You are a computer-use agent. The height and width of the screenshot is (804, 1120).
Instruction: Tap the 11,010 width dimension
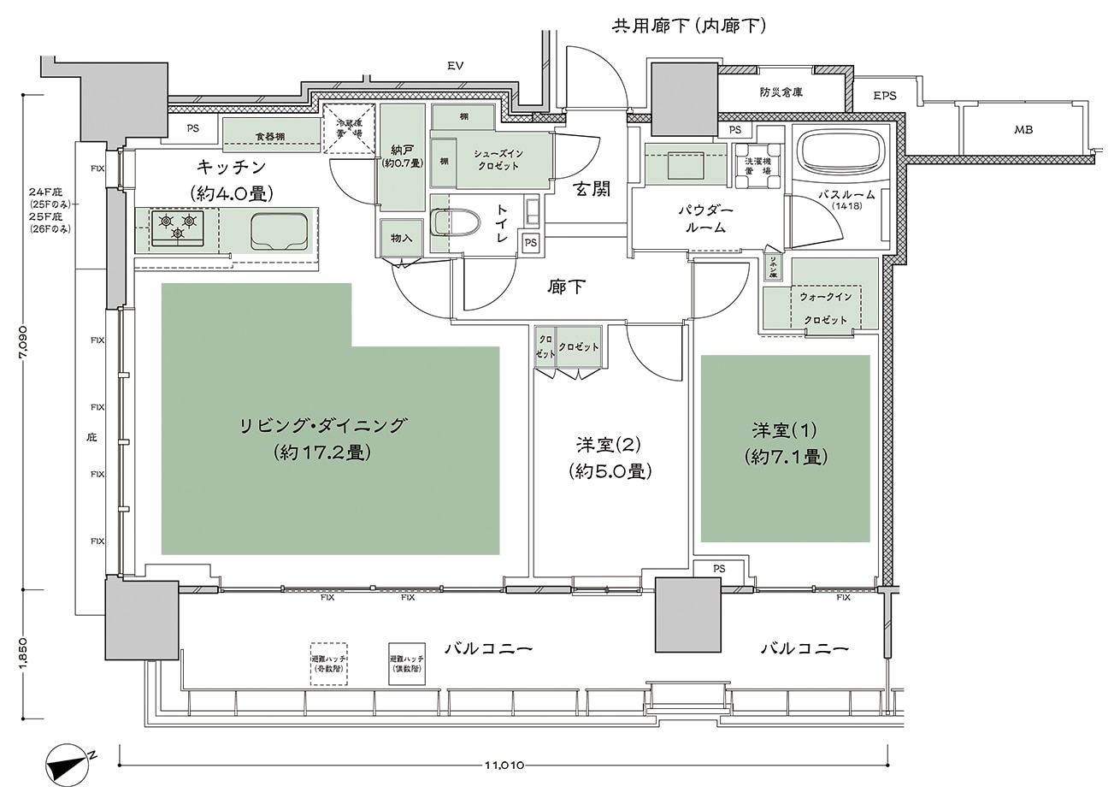click(x=505, y=765)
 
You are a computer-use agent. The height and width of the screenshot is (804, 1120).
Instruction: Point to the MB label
click(x=1023, y=131)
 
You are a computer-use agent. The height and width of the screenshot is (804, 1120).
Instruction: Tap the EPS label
click(x=885, y=96)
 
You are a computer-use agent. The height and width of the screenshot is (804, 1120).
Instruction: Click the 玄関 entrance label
click(x=592, y=190)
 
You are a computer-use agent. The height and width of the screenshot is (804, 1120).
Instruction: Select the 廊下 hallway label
click(x=566, y=287)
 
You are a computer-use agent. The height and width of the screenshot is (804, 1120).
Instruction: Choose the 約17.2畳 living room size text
click(x=322, y=452)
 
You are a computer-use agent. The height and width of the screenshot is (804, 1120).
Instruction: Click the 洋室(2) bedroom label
click(x=608, y=445)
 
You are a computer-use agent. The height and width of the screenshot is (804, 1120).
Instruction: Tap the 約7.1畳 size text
click(x=785, y=457)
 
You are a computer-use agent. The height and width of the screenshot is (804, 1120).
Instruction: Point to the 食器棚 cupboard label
click(x=269, y=136)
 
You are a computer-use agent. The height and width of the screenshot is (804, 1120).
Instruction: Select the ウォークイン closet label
click(x=825, y=296)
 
